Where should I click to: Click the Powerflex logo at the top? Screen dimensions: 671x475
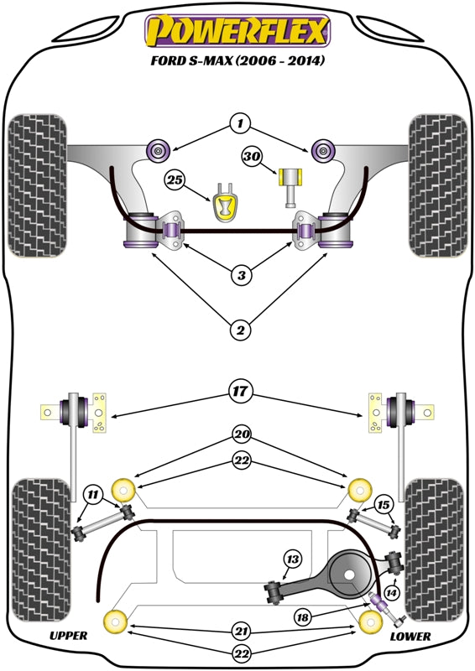(x=237, y=31)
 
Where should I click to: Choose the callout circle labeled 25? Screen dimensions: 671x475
(x=175, y=179)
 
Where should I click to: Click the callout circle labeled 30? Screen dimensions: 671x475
(x=253, y=156)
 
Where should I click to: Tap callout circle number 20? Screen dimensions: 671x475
(x=242, y=435)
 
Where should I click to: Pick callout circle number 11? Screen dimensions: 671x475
(x=93, y=496)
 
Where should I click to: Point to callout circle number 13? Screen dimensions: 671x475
(x=292, y=559)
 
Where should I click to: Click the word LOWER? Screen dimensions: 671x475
(x=410, y=637)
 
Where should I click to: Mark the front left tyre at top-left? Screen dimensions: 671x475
(x=37, y=183)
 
